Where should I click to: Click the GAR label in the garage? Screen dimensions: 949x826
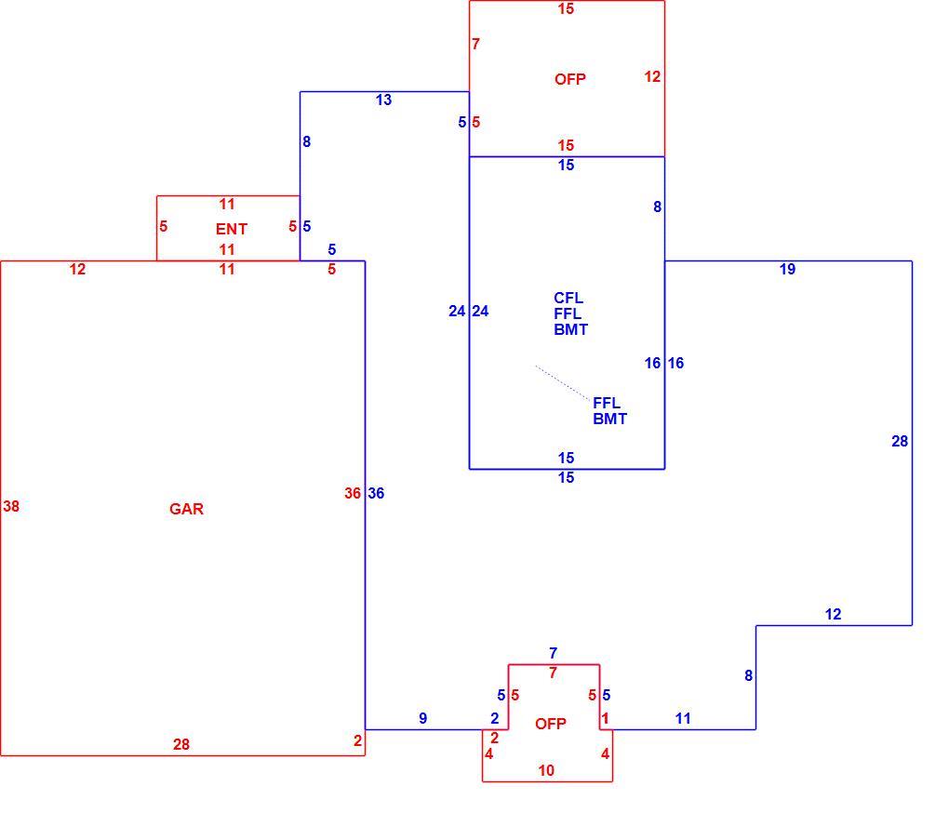point(186,509)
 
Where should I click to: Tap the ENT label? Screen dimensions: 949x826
point(231,230)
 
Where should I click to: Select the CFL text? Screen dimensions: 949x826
point(568,298)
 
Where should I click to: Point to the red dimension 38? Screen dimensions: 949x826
point(11,506)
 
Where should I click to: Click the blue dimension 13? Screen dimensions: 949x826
point(383,100)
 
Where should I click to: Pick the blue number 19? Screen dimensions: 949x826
point(787,269)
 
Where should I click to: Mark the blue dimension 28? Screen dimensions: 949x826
point(900,441)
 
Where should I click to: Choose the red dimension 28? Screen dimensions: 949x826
point(181,744)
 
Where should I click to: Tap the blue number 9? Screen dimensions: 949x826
point(423,718)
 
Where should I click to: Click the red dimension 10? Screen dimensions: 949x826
point(546,770)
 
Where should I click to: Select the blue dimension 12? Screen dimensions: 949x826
point(833,614)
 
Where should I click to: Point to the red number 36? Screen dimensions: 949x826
point(353,493)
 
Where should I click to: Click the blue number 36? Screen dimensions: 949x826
point(376,493)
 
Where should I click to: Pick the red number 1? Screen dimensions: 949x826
point(605,718)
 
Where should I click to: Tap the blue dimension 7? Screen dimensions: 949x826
point(554,653)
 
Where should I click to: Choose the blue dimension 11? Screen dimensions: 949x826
point(683,718)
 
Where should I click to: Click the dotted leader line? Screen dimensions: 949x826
point(562,382)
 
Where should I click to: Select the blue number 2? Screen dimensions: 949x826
point(494,718)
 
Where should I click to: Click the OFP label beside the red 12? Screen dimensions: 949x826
point(570,79)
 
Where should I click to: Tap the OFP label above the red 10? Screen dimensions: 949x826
point(551,724)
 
